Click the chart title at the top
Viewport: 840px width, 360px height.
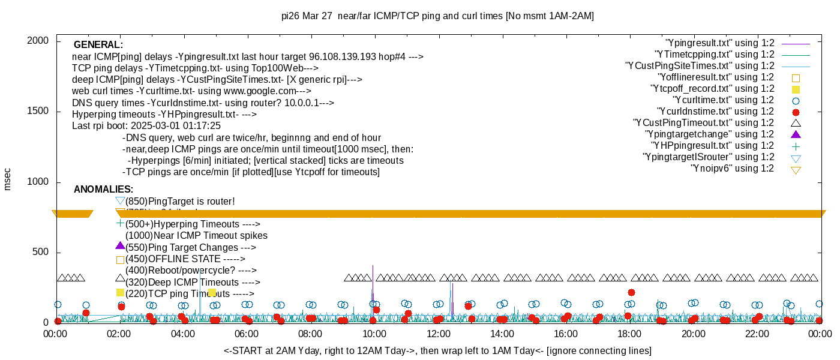pos(437,16)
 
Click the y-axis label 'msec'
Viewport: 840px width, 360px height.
pos(7,179)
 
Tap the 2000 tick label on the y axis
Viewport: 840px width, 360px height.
pos(40,41)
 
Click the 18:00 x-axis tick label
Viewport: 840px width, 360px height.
pos(629,334)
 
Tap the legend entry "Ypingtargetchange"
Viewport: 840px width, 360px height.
pos(709,134)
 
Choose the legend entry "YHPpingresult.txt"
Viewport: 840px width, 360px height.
pos(712,146)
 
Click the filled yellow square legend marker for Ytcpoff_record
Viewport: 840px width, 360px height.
pos(796,89)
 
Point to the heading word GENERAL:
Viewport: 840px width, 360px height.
pos(98,45)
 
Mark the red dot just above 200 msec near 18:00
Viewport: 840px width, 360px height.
pos(631,292)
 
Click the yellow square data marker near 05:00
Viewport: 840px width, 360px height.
pos(212,292)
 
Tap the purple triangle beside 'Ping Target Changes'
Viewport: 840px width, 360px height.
pos(120,246)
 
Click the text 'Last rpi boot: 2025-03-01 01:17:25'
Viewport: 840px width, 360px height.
pos(146,126)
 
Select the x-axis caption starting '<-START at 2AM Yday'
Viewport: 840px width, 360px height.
pos(437,350)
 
